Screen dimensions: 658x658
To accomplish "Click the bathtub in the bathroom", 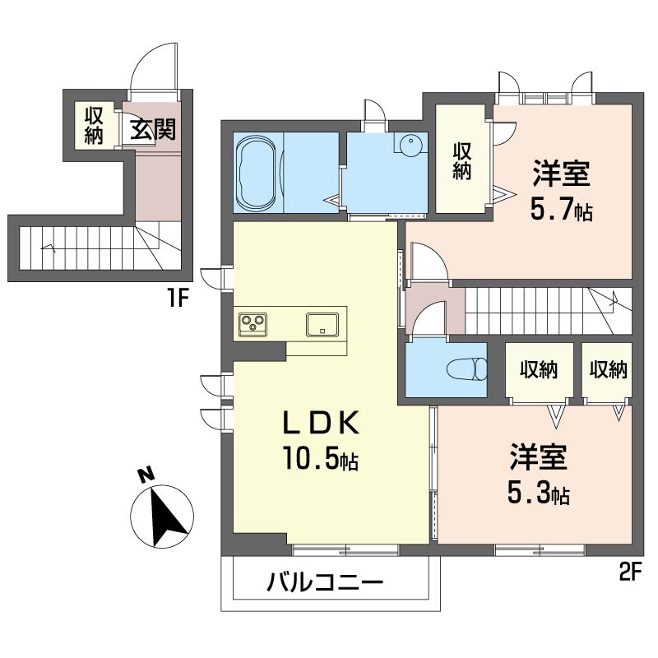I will tap(258, 174).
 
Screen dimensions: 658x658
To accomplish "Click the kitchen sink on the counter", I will tap(324, 323).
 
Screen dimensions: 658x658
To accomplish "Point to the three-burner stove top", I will tap(253, 323).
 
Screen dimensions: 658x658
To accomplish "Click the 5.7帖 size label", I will tap(562, 211).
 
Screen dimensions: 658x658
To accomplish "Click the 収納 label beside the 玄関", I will tap(92, 124).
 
